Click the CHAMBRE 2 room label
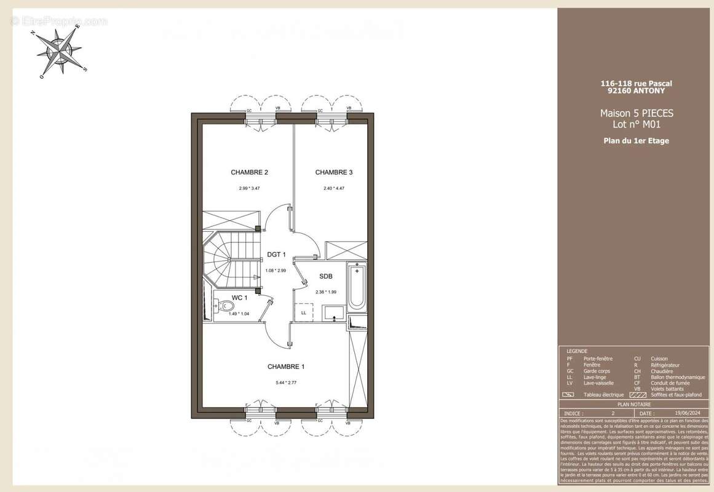click(x=249, y=172)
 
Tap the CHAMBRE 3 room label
click(x=334, y=172)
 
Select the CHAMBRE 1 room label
click(x=286, y=367)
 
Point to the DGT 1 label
click(x=276, y=255)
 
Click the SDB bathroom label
click(x=326, y=276)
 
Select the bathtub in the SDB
click(x=356, y=288)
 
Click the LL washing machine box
click(x=304, y=312)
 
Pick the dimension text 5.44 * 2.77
click(x=286, y=383)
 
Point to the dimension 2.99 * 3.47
click(x=249, y=188)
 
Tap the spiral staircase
click(x=229, y=259)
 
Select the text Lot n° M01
click(x=637, y=125)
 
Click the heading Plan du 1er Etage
click(x=637, y=141)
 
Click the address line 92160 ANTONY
click(x=637, y=90)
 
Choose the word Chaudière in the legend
click(x=663, y=371)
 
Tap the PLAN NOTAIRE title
click(x=635, y=405)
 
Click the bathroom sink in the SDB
click(x=335, y=312)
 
